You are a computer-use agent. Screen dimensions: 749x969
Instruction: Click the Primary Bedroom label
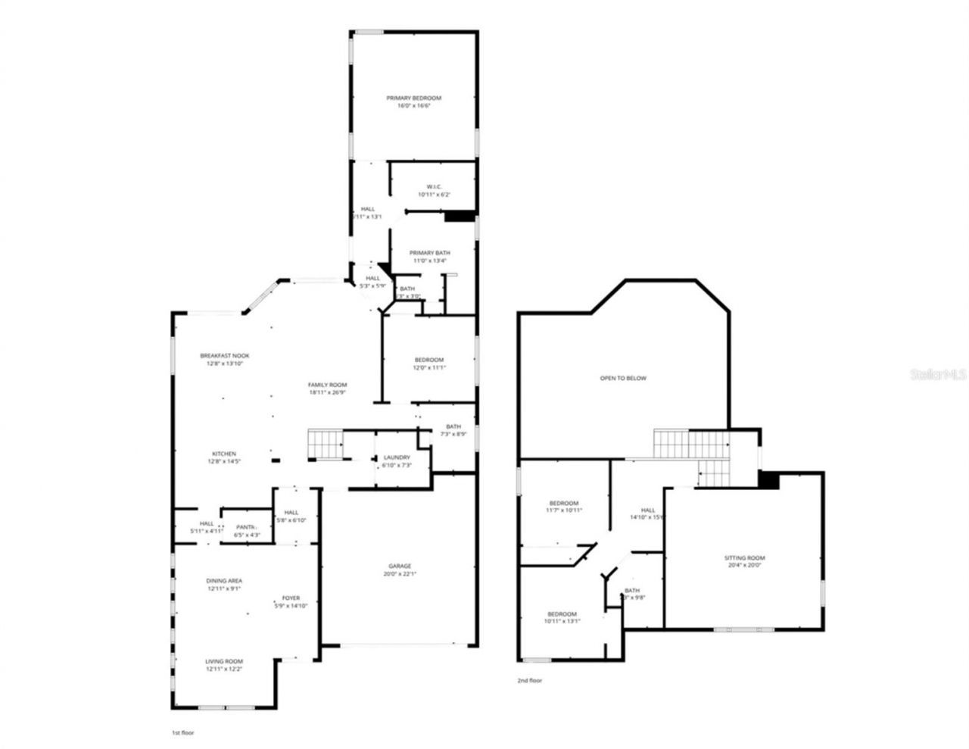pos(413,98)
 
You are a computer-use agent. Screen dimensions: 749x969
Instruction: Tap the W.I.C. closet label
pos(434,187)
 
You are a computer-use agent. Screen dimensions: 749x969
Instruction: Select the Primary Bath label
pos(430,253)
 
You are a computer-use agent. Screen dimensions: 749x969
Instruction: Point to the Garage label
pos(400,566)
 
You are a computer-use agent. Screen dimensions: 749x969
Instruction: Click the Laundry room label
pos(397,457)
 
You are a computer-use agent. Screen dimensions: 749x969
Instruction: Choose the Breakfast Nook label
pos(225,356)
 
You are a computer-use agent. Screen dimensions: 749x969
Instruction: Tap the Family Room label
pos(327,385)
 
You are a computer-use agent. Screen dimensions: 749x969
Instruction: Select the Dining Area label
pos(224,581)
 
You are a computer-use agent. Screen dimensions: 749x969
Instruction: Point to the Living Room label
pos(224,662)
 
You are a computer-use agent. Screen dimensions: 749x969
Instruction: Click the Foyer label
pos(291,598)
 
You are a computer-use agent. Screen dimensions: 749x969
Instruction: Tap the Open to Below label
pos(623,379)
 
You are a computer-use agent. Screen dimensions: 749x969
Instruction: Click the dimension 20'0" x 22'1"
pos(400,573)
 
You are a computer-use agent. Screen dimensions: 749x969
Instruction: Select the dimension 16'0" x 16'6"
pos(413,106)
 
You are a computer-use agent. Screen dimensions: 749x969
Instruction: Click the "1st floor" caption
pos(185,733)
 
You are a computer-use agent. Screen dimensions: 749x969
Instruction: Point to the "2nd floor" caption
pos(529,680)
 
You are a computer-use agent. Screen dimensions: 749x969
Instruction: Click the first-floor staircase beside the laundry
pos(325,444)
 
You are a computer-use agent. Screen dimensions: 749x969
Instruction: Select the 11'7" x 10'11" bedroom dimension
pos(564,510)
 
